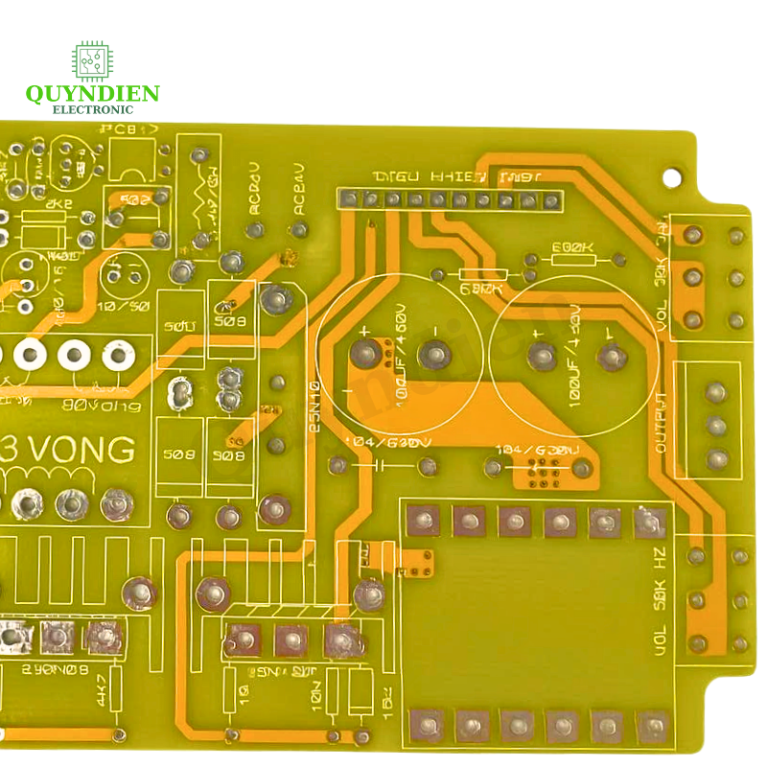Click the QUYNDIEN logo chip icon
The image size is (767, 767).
click(92, 60)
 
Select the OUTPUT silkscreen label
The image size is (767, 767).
click(661, 423)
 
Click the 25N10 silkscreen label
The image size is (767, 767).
click(315, 407)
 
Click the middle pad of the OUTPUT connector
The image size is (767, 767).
click(715, 425)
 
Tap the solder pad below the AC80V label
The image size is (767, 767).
click(256, 230)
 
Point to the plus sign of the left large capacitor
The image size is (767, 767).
click(363, 332)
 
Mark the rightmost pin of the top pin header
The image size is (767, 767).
click(550, 199)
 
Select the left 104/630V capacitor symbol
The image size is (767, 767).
click(380, 466)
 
